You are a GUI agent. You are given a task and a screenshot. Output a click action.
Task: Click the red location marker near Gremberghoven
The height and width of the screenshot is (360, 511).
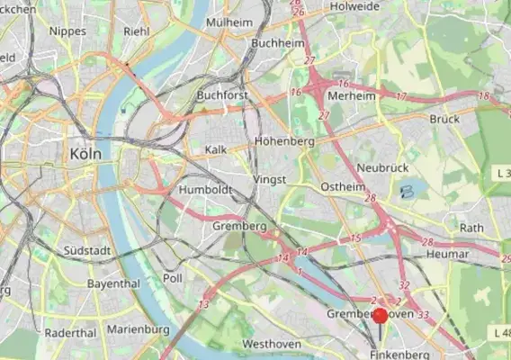pyautogui.click(x=380, y=315)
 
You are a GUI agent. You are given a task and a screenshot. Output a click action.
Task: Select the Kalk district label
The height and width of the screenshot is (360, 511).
pyautogui.click(x=216, y=149)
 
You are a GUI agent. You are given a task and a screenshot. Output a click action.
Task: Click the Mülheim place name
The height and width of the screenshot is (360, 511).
pyautogui.click(x=229, y=22)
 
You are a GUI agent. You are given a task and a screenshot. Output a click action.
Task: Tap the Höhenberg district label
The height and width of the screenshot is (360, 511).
pyautogui.click(x=284, y=142)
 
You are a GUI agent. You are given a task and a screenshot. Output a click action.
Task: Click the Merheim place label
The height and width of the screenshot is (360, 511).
pyautogui.click(x=354, y=96)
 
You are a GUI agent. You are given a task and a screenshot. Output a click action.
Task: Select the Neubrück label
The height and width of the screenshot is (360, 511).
pyautogui.click(x=382, y=168)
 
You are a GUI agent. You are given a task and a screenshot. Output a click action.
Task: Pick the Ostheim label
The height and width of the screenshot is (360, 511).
pyautogui.click(x=342, y=186)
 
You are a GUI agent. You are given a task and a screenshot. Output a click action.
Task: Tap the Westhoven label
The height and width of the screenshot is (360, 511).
pyautogui.click(x=270, y=345)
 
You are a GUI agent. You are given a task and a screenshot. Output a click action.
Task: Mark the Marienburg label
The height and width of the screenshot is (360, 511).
pyautogui.click(x=138, y=329)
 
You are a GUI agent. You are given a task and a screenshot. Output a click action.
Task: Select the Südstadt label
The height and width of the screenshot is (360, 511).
pyautogui.click(x=86, y=250)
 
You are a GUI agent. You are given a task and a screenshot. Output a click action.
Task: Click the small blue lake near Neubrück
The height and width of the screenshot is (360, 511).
pyautogui.click(x=409, y=191)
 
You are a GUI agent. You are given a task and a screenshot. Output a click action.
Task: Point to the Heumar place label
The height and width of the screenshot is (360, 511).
pyautogui.click(x=445, y=256)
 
